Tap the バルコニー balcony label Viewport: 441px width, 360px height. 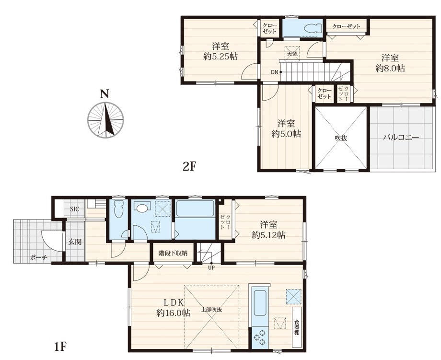tap(401, 138)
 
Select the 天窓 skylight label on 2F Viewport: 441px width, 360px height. tap(292, 53)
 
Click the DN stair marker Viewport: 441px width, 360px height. tap(274, 72)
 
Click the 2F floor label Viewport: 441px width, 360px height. tap(189, 167)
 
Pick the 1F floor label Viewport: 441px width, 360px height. tap(60, 346)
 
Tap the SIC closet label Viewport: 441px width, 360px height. tap(74, 209)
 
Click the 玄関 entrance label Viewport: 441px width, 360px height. tap(75, 241)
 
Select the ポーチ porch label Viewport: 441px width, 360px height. tap(38, 257)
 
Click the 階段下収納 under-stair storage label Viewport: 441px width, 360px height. tap(173, 253)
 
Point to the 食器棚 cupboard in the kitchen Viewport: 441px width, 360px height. tap(296, 327)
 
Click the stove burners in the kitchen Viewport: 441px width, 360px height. tap(260, 337)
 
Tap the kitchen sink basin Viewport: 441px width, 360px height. tap(260, 303)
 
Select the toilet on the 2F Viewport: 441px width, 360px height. tap(313, 28)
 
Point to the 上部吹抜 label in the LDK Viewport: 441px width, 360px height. tap(211, 310)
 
